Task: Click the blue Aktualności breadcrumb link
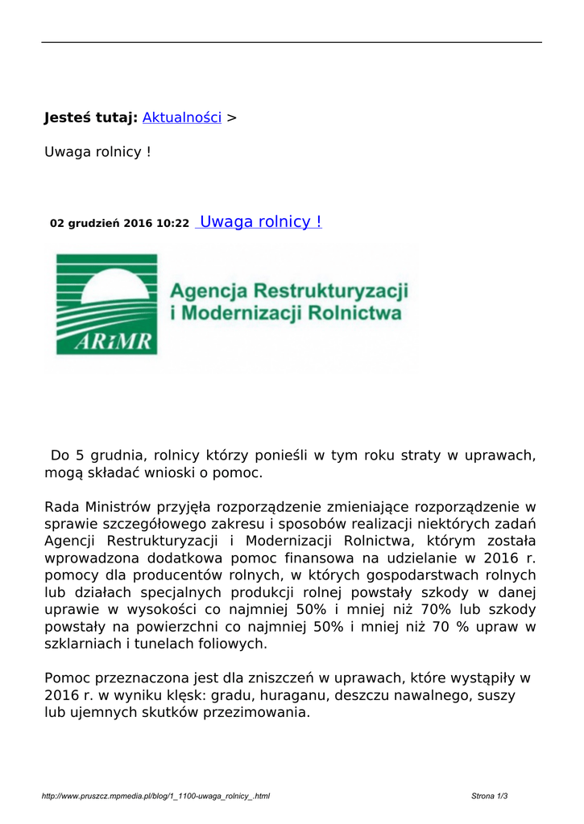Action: tap(181, 117)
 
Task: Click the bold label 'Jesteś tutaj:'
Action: tap(90, 117)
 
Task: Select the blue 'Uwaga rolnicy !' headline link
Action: tap(259, 222)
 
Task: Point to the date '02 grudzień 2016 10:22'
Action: tap(119, 224)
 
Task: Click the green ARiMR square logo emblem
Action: tap(106, 303)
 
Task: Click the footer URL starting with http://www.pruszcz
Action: tap(155, 797)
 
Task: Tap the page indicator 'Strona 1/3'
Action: tap(489, 797)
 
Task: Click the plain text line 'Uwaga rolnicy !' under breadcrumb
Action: tap(97, 151)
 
